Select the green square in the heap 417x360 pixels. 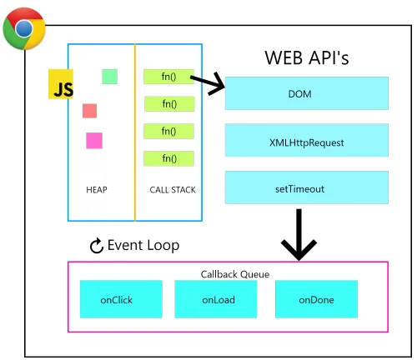[109, 76]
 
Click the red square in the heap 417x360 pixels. [89, 111]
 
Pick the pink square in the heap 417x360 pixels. [93, 140]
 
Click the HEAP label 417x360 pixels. [97, 190]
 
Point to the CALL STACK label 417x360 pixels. [173, 190]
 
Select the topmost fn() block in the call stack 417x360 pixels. [168, 77]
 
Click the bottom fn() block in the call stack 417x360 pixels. [168, 158]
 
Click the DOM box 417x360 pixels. [306, 93]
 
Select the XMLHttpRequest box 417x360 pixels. [306, 141]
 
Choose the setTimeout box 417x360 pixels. [306, 188]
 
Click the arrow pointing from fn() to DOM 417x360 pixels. [208, 82]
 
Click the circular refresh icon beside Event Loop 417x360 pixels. [96, 246]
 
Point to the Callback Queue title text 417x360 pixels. [229, 273]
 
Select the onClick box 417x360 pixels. [116, 299]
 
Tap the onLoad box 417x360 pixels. [211, 299]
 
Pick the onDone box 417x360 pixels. [316, 299]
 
